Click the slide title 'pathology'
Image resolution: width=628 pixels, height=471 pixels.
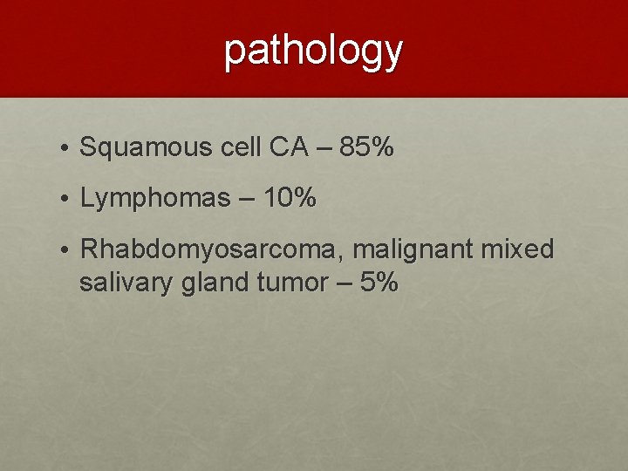[x=314, y=51]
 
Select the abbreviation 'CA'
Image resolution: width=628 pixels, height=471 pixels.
[x=289, y=147]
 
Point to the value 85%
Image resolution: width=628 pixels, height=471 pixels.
[x=366, y=147]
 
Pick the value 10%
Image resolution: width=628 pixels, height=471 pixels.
[x=289, y=198]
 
